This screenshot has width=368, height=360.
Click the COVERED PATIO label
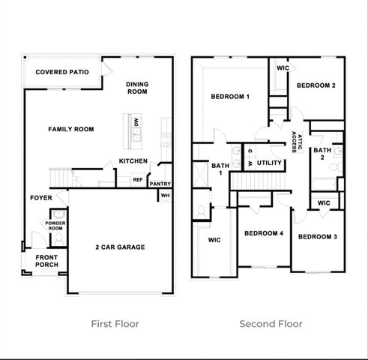pyautogui.click(x=62, y=72)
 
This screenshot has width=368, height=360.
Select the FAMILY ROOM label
pyautogui.click(x=71, y=129)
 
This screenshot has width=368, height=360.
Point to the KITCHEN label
pyautogui.click(x=133, y=161)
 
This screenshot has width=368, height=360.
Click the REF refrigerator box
pyautogui.click(x=138, y=179)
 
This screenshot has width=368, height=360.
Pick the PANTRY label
pyautogui.click(x=160, y=184)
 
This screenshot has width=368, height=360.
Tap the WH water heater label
pyautogui.click(x=164, y=196)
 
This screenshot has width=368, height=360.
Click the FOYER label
pyautogui.click(x=40, y=198)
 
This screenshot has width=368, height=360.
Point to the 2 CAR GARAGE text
pyautogui.click(x=120, y=247)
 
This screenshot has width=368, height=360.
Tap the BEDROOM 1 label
pyautogui.click(x=229, y=97)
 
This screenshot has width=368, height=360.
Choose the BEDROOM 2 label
pyautogui.click(x=316, y=85)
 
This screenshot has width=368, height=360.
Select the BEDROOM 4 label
pyautogui.click(x=264, y=233)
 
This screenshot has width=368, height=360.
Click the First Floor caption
pyautogui.click(x=115, y=324)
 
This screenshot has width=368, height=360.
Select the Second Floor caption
pyautogui.click(x=271, y=324)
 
